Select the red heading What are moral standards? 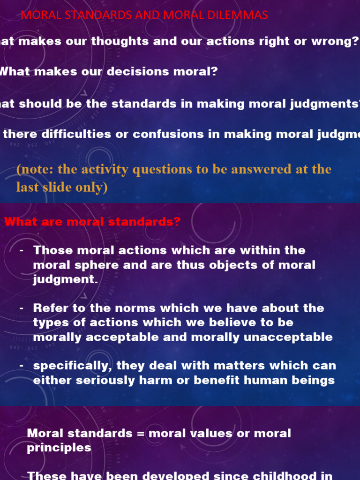(92, 222)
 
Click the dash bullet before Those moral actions (22, 250)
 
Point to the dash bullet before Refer (22, 308)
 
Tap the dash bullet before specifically (22, 365)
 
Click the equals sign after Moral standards (141, 433)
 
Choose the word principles (59, 448)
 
